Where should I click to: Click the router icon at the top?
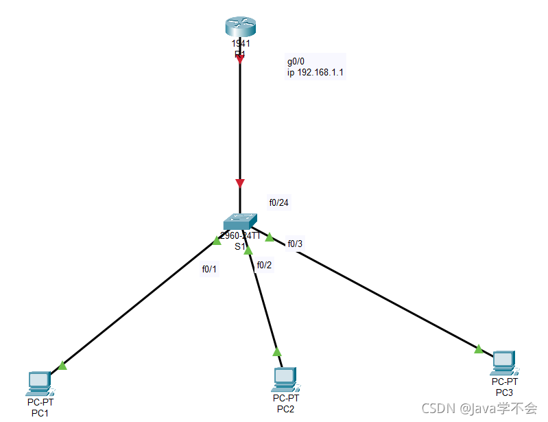[x=240, y=27]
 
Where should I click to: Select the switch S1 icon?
[x=240, y=221]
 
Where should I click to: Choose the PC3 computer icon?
[x=503, y=362]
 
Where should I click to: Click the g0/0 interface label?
[x=296, y=62]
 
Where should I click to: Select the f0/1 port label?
[x=209, y=269]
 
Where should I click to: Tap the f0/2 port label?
[x=265, y=265]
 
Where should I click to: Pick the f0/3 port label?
[x=295, y=244]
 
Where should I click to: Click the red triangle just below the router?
[x=239, y=60]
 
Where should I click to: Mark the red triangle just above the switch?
[x=239, y=183]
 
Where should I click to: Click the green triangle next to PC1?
[x=62, y=365]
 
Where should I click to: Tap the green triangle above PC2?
[x=277, y=352]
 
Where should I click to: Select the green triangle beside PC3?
[x=479, y=349]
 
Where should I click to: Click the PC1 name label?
[x=39, y=412]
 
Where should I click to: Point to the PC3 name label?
[x=504, y=392]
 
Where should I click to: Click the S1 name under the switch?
[x=240, y=246]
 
